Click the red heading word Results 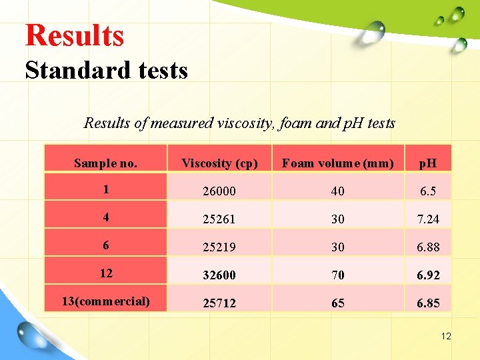75,35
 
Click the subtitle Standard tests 107,69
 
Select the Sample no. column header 105,163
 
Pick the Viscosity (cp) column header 219,163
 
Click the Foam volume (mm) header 337,163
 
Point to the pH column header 428,163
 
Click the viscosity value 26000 219,191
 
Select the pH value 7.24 428,219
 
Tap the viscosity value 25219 219,247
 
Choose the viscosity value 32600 219,275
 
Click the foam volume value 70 337,275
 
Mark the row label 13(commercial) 105,301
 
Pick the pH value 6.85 428,303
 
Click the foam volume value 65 337,303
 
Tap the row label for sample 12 105,273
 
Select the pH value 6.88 428,247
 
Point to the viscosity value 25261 219,219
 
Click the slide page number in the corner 446,336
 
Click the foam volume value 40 337,191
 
